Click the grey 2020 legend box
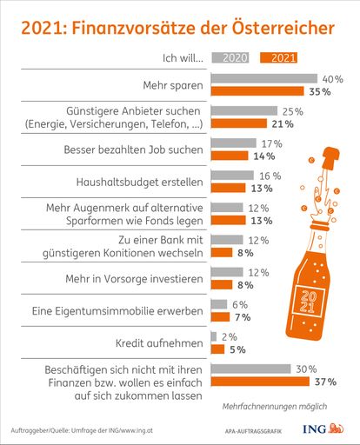(x=230, y=59)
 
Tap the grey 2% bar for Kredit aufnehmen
(x=213, y=337)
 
